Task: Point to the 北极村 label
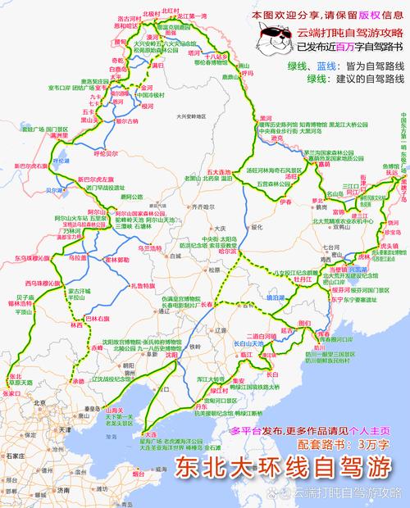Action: (151, 13)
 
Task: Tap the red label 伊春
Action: (285, 201)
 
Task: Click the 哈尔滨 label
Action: (239, 252)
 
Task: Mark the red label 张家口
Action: (11, 392)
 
